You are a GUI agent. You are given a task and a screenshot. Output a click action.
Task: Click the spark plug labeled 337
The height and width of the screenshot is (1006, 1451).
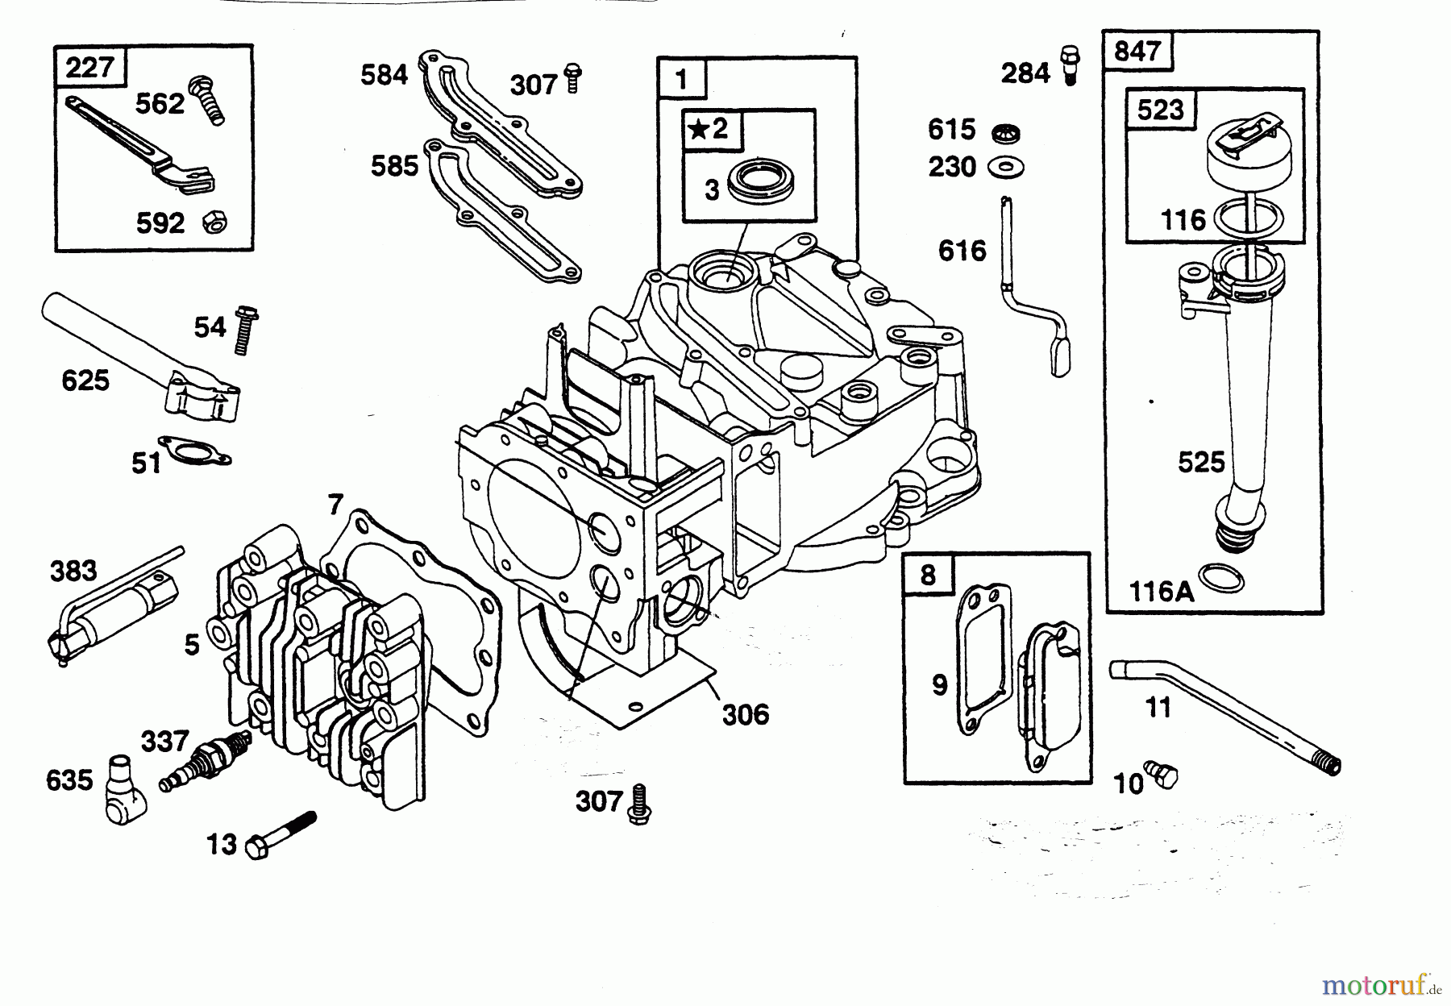205,761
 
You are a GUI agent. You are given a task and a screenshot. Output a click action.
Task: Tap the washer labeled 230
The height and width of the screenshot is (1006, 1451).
1006,168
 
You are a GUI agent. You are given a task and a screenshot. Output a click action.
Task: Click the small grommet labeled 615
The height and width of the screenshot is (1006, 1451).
1004,131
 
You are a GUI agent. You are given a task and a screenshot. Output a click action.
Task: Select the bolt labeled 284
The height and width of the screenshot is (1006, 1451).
1069,64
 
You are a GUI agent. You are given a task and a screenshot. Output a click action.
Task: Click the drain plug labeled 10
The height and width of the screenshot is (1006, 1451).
1162,775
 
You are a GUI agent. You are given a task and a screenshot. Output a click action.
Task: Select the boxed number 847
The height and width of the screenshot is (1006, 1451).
1137,52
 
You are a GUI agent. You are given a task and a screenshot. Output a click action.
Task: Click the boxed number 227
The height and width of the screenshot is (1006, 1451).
89,67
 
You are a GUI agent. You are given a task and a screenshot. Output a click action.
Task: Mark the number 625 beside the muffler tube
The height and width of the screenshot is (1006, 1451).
85,380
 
